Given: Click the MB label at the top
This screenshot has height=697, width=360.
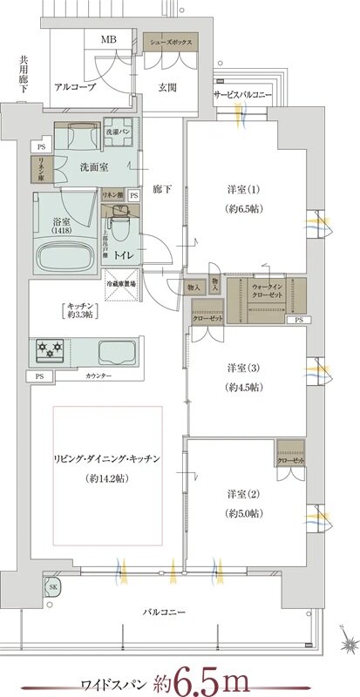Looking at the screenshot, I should pos(108,39).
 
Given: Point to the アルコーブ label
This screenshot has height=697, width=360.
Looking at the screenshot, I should pos(74,87).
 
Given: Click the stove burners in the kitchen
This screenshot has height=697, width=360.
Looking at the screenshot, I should pos(49,351).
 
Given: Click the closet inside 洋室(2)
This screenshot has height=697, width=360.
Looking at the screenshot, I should pos(289,455).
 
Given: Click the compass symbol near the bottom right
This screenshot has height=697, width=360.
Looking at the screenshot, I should pos(346,646).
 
